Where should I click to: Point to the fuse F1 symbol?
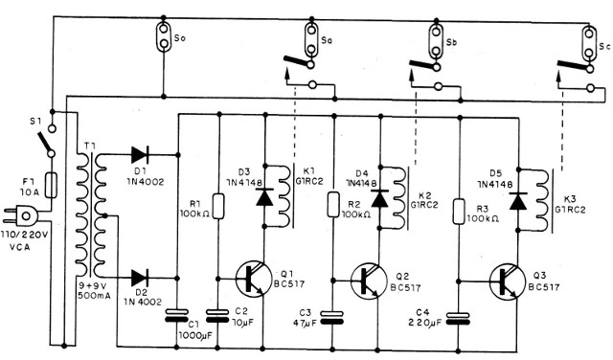point(51,182)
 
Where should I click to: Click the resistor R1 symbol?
point(219,204)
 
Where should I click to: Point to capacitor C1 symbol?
point(175,314)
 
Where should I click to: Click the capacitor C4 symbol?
point(461,318)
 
